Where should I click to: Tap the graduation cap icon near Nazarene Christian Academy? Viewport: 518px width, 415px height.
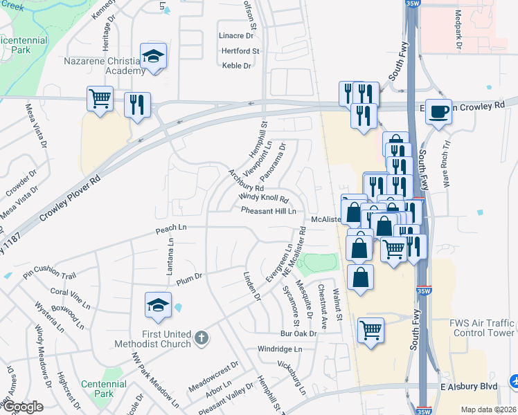pos(154,55)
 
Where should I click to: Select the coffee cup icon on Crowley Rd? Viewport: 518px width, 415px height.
pos(438,111)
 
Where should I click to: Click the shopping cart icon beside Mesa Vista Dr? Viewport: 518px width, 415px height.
pos(100,99)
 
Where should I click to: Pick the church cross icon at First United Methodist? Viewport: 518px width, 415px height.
pos(201,338)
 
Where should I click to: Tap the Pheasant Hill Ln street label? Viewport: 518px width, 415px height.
pos(269,211)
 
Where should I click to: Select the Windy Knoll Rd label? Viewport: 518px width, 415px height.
pos(263,198)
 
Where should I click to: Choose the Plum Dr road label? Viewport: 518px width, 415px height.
pos(188,277)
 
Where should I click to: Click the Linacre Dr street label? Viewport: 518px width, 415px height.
pos(236,35)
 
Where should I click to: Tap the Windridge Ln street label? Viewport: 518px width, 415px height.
pos(280,349)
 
